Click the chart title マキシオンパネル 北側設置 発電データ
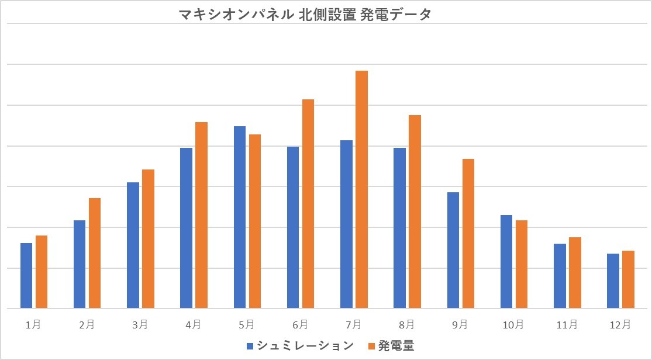point(305,14)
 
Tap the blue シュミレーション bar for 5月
point(240,217)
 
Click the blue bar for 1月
point(26,275)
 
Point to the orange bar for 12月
point(628,279)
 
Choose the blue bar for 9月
point(453,250)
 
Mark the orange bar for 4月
point(201,214)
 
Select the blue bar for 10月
point(506,261)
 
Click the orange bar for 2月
point(95,252)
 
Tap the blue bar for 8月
point(399,227)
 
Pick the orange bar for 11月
point(575,272)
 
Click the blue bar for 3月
point(133,245)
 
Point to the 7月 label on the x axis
point(353,324)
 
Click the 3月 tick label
point(140,324)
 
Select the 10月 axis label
point(513,324)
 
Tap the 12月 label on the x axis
point(620,324)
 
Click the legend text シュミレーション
point(305,345)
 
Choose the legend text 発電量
point(396,345)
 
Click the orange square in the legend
point(370,346)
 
